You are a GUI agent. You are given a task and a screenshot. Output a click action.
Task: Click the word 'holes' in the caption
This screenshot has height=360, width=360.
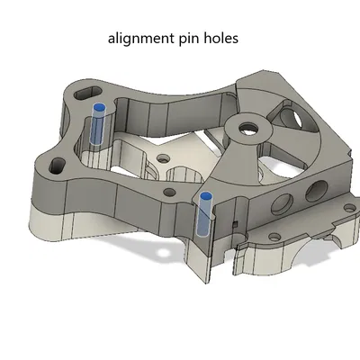(x=222, y=39)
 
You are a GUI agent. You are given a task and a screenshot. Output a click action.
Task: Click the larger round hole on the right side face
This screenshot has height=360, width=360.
(x=313, y=191)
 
